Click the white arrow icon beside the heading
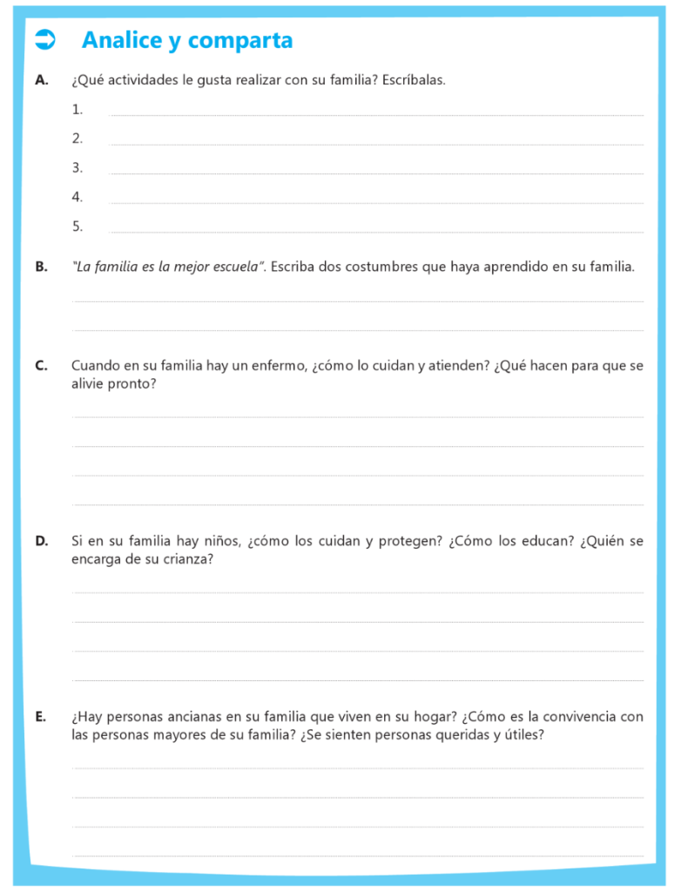click(x=44, y=39)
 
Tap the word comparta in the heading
click(x=239, y=40)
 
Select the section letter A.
click(x=41, y=80)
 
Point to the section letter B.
click(x=41, y=267)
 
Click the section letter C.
click(x=41, y=366)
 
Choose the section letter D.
click(x=41, y=541)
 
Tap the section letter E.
click(x=40, y=717)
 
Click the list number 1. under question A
click(x=78, y=109)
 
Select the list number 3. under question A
click(x=78, y=167)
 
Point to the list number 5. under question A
click(x=78, y=226)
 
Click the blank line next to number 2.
click(x=376, y=144)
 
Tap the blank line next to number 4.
click(x=376, y=202)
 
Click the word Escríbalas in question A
click(x=414, y=80)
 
